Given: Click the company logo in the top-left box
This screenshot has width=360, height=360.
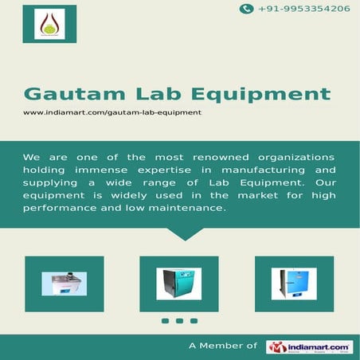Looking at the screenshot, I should (x=50, y=24).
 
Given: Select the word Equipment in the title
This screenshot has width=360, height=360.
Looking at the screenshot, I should (x=267, y=94).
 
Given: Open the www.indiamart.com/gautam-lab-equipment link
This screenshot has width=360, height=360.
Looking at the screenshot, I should (x=112, y=112).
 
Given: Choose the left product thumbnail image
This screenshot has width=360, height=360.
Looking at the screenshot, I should (x=65, y=284).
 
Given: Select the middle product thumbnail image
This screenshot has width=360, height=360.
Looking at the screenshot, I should (x=179, y=284).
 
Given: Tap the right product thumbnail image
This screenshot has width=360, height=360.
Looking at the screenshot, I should (x=294, y=284).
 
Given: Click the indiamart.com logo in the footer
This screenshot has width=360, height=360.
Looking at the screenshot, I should (x=310, y=346).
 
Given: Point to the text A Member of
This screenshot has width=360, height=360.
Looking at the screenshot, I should (x=223, y=346).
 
